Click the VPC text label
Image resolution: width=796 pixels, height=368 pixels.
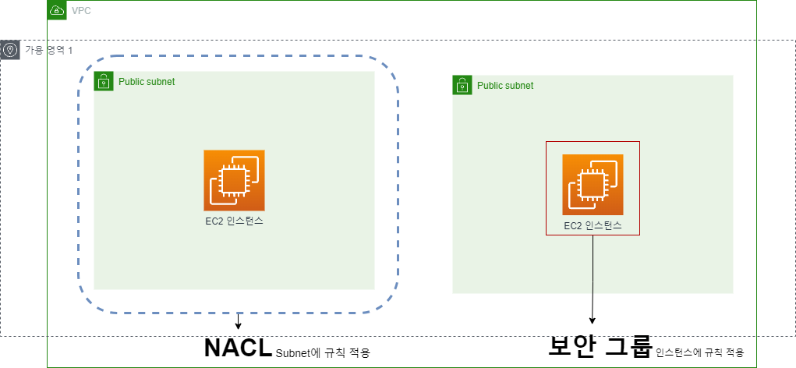[x=81, y=11]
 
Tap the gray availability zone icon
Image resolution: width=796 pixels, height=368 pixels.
[x=10, y=51]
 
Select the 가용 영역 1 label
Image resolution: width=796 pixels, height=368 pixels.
[x=48, y=51]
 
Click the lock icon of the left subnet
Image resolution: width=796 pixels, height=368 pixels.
[x=104, y=81]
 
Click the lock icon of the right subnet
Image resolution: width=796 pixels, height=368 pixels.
[x=462, y=85]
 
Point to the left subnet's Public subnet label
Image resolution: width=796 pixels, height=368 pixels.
[x=147, y=82]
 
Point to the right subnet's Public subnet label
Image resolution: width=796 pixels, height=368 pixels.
[x=505, y=86]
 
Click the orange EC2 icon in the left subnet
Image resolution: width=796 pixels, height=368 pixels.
[x=234, y=180]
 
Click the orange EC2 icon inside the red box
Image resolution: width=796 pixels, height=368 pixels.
[x=593, y=185]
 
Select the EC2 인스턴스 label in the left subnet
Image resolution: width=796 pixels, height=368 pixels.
[x=234, y=221]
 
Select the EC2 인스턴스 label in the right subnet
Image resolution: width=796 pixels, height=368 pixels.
[x=593, y=226]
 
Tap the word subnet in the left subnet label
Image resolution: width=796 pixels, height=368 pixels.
[x=161, y=82]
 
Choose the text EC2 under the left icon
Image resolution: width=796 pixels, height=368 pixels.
[x=214, y=221]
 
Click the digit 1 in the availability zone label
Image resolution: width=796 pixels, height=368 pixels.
[x=70, y=51]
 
